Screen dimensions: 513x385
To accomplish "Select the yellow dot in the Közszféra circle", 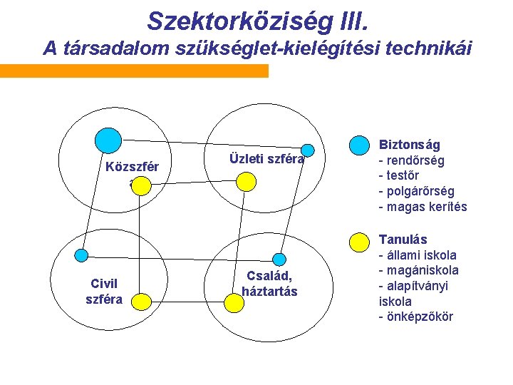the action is pyautogui.click(x=140, y=186).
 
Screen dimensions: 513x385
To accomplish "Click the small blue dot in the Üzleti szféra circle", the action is pyautogui.click(x=307, y=149).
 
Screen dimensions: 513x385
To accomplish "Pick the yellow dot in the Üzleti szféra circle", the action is pyautogui.click(x=245, y=182).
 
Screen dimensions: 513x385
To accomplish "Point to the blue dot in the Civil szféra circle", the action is pyautogui.click(x=82, y=254).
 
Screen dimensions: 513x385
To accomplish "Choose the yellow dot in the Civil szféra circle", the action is pyautogui.click(x=141, y=302).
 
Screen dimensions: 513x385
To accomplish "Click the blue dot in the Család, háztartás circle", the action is pyautogui.click(x=280, y=259).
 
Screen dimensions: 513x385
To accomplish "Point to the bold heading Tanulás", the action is pyautogui.click(x=403, y=240).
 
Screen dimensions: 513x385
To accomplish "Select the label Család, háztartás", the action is pyautogui.click(x=269, y=283).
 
